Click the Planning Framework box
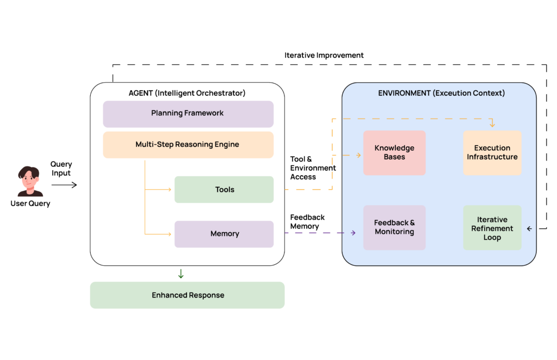click(188, 114)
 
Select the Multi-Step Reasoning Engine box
click(188, 145)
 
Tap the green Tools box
click(224, 190)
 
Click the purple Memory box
click(224, 234)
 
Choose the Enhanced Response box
click(187, 295)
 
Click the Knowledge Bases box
click(394, 153)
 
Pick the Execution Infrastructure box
click(492, 153)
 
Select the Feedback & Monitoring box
click(394, 227)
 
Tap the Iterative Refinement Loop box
click(492, 228)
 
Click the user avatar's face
click(29, 179)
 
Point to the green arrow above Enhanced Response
click(181, 274)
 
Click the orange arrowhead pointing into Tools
click(169, 189)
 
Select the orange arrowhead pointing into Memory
click(169, 234)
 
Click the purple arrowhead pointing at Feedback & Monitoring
click(354, 233)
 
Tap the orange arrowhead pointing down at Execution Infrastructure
click(492, 125)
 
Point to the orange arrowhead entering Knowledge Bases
click(358, 156)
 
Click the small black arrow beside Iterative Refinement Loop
click(529, 229)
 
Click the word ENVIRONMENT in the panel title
click(404, 93)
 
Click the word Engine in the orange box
click(227, 145)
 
